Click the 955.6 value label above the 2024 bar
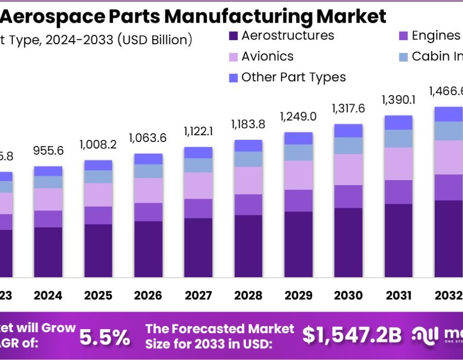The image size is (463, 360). point(48,150)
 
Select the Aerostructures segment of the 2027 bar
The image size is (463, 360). point(198,247)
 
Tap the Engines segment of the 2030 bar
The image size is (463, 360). point(348,196)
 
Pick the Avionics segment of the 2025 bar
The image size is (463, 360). point(98,194)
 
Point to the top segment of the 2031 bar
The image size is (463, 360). point(398,122)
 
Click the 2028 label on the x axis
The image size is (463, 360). point(248,296)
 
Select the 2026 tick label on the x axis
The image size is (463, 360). point(148,296)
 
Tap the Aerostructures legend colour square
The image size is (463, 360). point(233,36)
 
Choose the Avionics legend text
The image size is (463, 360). point(268,57)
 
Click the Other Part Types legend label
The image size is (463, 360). point(293,78)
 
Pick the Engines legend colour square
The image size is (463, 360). point(403,36)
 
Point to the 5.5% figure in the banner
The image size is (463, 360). point(104,337)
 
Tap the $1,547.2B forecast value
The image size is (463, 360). point(351,335)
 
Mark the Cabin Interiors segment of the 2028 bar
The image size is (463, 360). point(248,159)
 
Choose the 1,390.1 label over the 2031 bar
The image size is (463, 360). point(398,100)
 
